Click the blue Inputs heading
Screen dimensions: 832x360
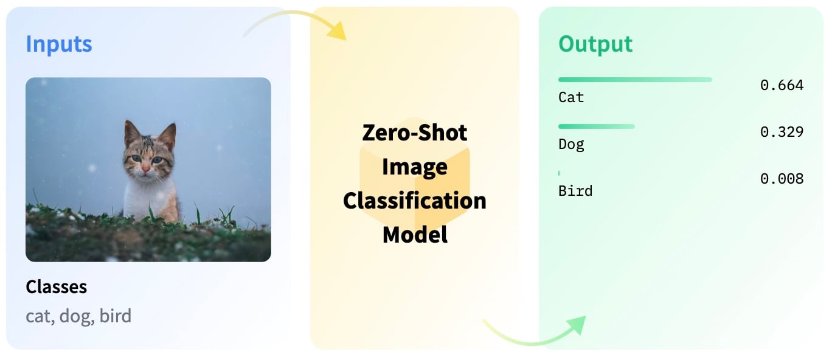pyautogui.click(x=58, y=44)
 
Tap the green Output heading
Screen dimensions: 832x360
pyautogui.click(x=595, y=44)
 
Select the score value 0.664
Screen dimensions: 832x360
pyautogui.click(x=782, y=85)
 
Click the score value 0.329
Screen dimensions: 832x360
pyautogui.click(x=782, y=132)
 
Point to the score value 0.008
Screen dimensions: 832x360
pyautogui.click(x=782, y=179)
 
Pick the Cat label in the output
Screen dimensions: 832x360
pyautogui.click(x=571, y=97)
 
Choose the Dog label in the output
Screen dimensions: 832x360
pyautogui.click(x=571, y=144)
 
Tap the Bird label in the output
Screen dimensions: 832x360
pyautogui.click(x=575, y=191)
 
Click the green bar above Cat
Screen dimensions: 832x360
pyautogui.click(x=635, y=80)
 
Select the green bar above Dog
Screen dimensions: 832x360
pyautogui.click(x=597, y=126)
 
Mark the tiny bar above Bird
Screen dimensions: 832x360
pyautogui.click(x=559, y=173)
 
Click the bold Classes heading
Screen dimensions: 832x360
pyautogui.click(x=57, y=287)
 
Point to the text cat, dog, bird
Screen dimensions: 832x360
pyautogui.click(x=78, y=316)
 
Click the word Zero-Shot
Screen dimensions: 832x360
pyautogui.click(x=415, y=133)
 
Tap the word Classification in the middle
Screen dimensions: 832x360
pyautogui.click(x=415, y=201)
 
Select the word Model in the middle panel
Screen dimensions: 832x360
pyautogui.click(x=415, y=235)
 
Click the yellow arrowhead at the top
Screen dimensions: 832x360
pyautogui.click(x=338, y=30)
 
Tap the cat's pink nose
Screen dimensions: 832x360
pyautogui.click(x=146, y=170)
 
